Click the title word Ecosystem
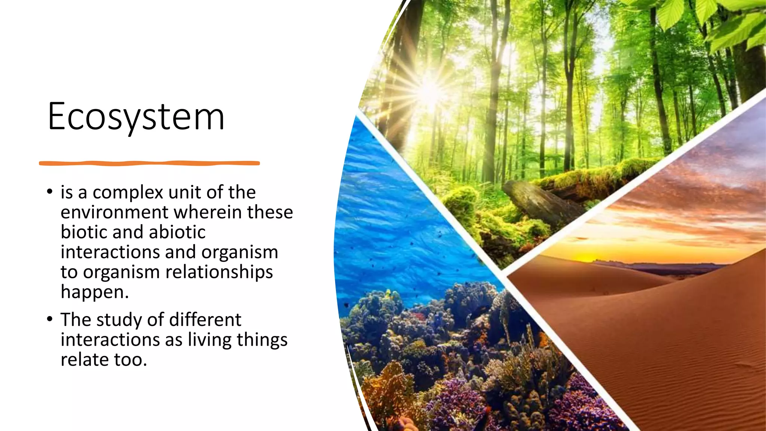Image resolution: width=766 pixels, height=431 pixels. pyautogui.click(x=136, y=117)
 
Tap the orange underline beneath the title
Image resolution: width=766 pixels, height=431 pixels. pyautogui.click(x=149, y=163)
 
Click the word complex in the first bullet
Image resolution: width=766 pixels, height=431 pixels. pyautogui.click(x=128, y=193)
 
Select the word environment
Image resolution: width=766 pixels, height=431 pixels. pyautogui.click(x=114, y=212)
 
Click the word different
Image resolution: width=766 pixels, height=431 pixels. pyautogui.click(x=205, y=320)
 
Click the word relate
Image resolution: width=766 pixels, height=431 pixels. pyautogui.click(x=85, y=360)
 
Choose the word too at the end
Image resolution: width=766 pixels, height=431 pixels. pyautogui.click(x=130, y=360)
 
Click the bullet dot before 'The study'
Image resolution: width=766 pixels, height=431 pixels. pyautogui.click(x=50, y=320)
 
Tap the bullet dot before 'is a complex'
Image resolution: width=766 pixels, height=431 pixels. pyautogui.click(x=50, y=192)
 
